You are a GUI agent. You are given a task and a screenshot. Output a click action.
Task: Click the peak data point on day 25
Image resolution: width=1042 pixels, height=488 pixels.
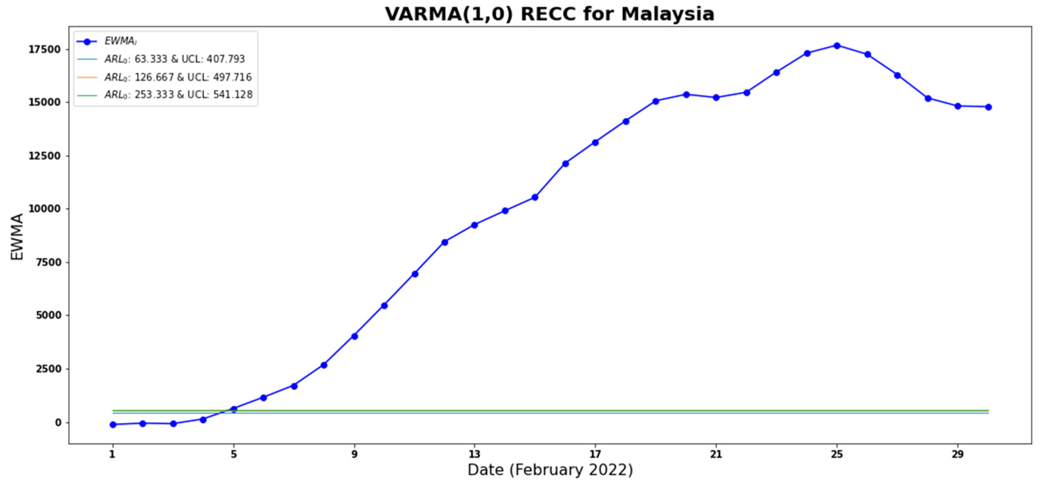[837, 46]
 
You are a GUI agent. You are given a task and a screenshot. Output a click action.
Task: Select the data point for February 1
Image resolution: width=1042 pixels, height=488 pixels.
[113, 424]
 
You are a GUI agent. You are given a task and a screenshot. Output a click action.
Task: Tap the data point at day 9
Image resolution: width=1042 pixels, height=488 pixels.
[355, 336]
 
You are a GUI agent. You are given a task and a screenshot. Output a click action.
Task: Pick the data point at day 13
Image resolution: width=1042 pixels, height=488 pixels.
[474, 225]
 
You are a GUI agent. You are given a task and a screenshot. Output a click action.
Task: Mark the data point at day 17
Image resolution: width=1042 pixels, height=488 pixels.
[595, 142]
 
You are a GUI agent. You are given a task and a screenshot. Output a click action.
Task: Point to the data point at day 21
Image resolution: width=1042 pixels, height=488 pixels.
[716, 97]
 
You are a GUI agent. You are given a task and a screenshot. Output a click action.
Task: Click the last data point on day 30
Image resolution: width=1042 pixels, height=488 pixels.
[988, 107]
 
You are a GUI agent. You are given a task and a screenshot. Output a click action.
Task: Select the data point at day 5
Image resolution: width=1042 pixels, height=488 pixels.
[234, 409]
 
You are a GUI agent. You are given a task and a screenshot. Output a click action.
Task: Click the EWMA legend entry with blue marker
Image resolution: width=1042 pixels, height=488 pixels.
[120, 41]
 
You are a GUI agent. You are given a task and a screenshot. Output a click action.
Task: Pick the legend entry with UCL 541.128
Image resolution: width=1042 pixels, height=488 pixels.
[178, 95]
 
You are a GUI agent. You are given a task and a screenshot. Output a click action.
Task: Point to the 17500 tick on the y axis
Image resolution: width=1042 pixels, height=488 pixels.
[44, 49]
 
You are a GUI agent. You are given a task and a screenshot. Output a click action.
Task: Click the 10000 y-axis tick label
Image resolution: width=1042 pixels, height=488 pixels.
[44, 209]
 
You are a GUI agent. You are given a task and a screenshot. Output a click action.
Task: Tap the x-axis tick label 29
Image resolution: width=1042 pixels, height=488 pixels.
[958, 455]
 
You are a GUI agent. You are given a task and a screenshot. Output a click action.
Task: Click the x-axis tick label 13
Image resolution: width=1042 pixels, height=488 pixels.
[474, 455]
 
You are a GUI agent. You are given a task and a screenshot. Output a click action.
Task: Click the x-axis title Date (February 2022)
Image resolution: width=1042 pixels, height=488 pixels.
[550, 470]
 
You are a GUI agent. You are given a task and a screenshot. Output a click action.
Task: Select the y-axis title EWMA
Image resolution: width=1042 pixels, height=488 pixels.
[17, 237]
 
